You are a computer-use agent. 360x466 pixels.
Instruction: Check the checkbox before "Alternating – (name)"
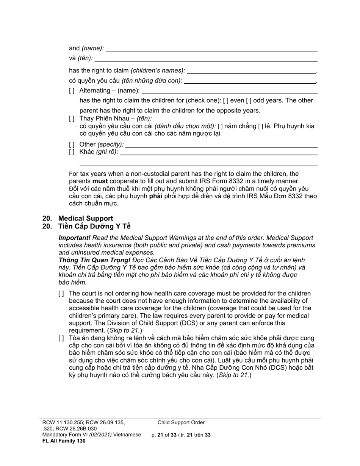72,91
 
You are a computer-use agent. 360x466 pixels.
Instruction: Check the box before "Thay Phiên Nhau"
72,119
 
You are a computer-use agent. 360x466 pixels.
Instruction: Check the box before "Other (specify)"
72,144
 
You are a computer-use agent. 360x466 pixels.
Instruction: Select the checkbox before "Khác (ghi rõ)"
72,152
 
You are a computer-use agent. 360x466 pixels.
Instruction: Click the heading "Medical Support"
85,218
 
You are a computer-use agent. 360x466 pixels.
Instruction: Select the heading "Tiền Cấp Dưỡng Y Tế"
94,226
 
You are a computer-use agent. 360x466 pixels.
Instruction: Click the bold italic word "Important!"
74,238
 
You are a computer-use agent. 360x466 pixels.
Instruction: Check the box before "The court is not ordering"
61,294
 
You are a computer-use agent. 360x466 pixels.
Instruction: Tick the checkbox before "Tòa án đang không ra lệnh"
61,338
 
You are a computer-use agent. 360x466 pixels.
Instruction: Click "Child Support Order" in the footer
181,422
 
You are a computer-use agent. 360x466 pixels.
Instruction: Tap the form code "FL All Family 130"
64,441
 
